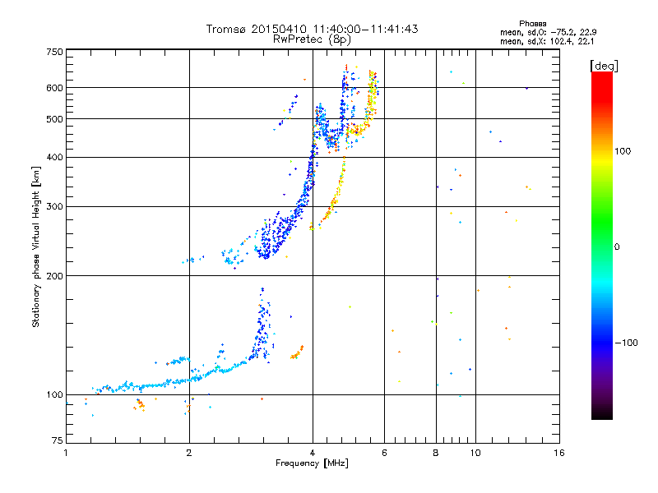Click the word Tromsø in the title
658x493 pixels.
(226, 29)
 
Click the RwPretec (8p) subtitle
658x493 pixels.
(312, 39)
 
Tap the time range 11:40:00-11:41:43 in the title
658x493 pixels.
(365, 29)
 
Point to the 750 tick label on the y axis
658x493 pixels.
(54, 52)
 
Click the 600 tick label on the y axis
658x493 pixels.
(54, 88)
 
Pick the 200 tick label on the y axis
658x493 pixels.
(54, 276)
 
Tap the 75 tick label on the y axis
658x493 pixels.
(58, 440)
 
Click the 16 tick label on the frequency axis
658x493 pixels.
(558, 453)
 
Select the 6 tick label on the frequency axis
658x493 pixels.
(384, 453)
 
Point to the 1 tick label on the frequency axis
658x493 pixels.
(66, 453)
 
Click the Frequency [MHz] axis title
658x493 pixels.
(312, 463)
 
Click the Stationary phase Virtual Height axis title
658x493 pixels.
(36, 247)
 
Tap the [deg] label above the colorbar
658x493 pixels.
(604, 66)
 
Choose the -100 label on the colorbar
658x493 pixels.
(626, 343)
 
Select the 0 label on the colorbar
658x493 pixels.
(616, 246)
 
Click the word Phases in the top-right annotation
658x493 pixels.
(532, 24)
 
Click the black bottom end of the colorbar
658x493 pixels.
(602, 415)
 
